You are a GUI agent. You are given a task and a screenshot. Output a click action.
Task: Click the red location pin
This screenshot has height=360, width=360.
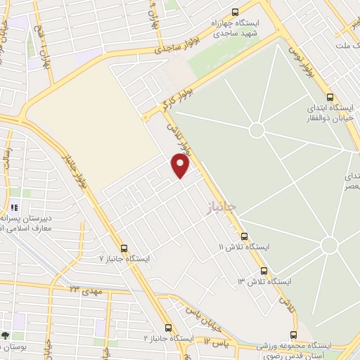point(181,165)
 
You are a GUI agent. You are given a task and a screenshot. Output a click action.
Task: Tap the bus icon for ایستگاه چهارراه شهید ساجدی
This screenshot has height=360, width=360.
point(235,11)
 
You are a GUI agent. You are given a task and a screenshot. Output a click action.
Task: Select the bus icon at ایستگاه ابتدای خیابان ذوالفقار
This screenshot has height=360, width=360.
point(330,98)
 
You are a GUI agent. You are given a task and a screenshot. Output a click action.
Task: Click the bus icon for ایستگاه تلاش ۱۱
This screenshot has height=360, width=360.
point(244,236)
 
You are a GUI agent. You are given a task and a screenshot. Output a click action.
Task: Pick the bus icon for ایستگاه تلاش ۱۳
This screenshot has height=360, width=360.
point(264,270)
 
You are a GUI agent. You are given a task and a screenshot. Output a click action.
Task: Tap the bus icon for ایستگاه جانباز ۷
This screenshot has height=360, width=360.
point(124,248)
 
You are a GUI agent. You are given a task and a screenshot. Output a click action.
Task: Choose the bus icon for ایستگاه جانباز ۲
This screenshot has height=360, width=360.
point(167,328)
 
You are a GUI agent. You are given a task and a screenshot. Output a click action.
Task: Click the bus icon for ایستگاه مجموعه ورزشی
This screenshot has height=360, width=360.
point(293,335)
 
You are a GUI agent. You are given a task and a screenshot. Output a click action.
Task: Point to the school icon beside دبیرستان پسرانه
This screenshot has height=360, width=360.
point(13,208)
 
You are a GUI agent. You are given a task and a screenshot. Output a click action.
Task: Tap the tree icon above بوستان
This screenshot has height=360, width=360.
point(6,335)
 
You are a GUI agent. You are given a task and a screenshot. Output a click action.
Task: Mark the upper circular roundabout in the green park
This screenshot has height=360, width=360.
point(257,130)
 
